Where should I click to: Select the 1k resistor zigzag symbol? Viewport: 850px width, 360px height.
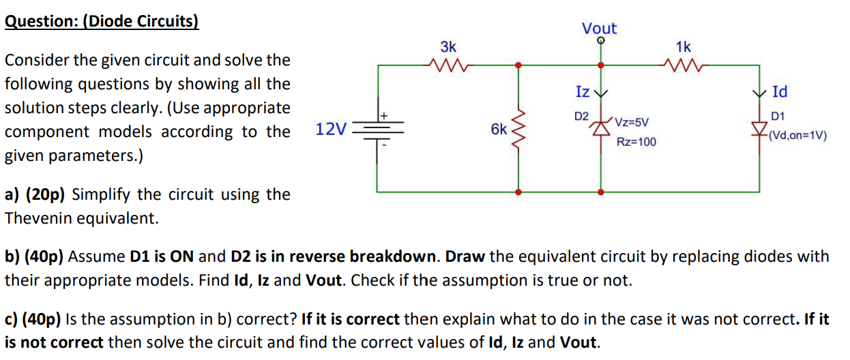click(x=683, y=65)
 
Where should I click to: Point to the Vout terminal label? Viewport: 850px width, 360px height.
click(x=599, y=29)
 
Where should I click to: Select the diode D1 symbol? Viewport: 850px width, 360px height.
click(x=759, y=128)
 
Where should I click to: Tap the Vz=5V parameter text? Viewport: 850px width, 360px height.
click(x=631, y=123)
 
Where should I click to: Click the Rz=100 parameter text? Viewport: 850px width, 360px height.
click(x=636, y=142)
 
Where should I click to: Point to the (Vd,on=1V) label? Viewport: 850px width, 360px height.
click(x=797, y=135)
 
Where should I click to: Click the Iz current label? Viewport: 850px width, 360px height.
click(x=582, y=91)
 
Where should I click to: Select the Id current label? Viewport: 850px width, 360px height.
click(x=780, y=91)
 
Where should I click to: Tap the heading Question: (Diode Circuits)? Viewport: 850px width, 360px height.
click(x=102, y=20)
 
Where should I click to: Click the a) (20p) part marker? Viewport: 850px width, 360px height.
click(x=35, y=194)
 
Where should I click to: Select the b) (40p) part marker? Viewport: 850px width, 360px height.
click(x=35, y=257)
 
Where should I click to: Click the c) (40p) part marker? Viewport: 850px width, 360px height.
click(x=34, y=318)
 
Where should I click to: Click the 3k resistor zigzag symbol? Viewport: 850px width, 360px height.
click(x=448, y=65)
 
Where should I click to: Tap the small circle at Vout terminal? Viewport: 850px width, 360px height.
click(x=600, y=41)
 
